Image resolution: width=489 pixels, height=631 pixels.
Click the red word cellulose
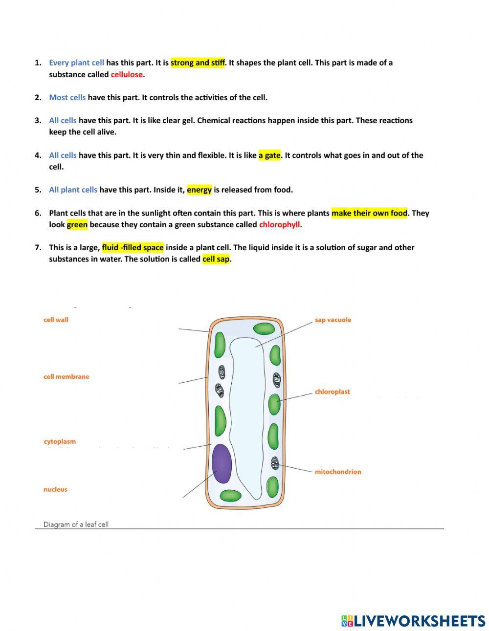pyautogui.click(x=127, y=75)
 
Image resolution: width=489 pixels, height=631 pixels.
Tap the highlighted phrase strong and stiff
pyautogui.click(x=198, y=63)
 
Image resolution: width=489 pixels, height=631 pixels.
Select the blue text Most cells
pyautogui.click(x=67, y=97)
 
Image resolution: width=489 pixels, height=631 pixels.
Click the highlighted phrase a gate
pyautogui.click(x=269, y=155)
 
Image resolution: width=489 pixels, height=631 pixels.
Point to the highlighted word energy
pyautogui.click(x=199, y=190)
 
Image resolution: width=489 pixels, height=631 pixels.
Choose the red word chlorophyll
pyautogui.click(x=279, y=225)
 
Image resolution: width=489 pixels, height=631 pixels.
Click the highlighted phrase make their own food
pyautogui.click(x=369, y=213)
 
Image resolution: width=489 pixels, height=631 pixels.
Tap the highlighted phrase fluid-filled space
pyautogui.click(x=133, y=247)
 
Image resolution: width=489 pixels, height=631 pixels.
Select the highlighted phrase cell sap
pyautogui.click(x=216, y=259)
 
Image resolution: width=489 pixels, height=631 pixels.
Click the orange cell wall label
pyautogui.click(x=56, y=320)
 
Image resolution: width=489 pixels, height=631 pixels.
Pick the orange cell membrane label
pyautogui.click(x=66, y=376)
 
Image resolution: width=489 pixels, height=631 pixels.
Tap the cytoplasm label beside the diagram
pyautogui.click(x=60, y=441)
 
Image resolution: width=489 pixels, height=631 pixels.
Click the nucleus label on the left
pyautogui.click(x=55, y=489)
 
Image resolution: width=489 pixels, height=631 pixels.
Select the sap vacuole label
pyautogui.click(x=333, y=320)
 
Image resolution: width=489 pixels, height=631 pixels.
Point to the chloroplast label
pyautogui.click(x=332, y=392)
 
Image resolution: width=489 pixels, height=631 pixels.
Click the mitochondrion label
pyautogui.click(x=337, y=472)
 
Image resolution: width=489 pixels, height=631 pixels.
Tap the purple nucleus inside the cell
pyautogui.click(x=221, y=463)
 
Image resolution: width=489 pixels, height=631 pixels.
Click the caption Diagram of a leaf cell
pyautogui.click(x=76, y=524)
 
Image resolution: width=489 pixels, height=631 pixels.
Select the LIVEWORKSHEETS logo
pyautogui.click(x=413, y=620)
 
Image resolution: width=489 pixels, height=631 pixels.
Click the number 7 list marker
pyautogui.click(x=38, y=247)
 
